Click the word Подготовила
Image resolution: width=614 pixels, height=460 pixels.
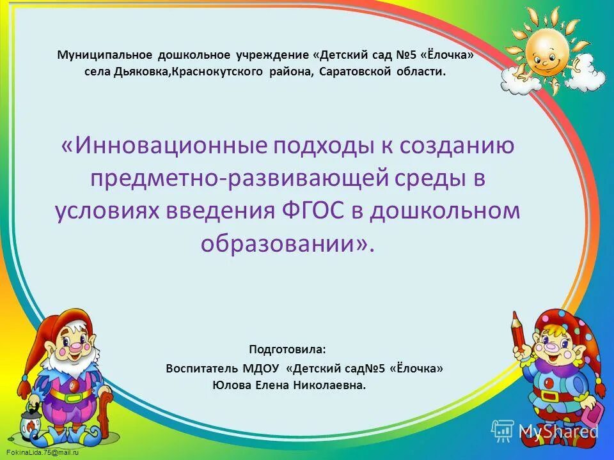[287, 349]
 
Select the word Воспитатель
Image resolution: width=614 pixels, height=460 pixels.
[201, 369]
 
